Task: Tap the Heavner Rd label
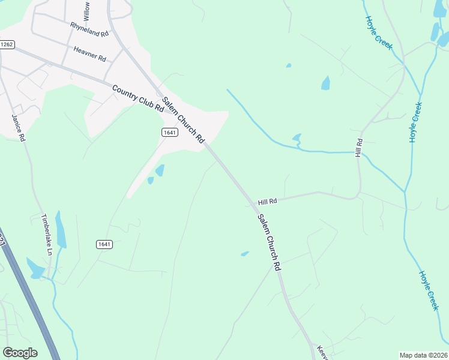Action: (89, 55)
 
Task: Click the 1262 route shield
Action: (7, 44)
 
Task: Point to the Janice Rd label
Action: (19, 127)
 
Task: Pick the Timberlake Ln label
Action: (46, 235)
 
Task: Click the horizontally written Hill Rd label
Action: (267, 202)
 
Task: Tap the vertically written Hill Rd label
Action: (359, 148)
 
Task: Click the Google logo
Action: (20, 352)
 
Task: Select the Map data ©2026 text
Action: (423, 355)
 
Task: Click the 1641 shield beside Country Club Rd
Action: (169, 131)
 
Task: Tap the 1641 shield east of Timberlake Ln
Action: (104, 244)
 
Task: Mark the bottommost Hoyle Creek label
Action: (429, 290)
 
